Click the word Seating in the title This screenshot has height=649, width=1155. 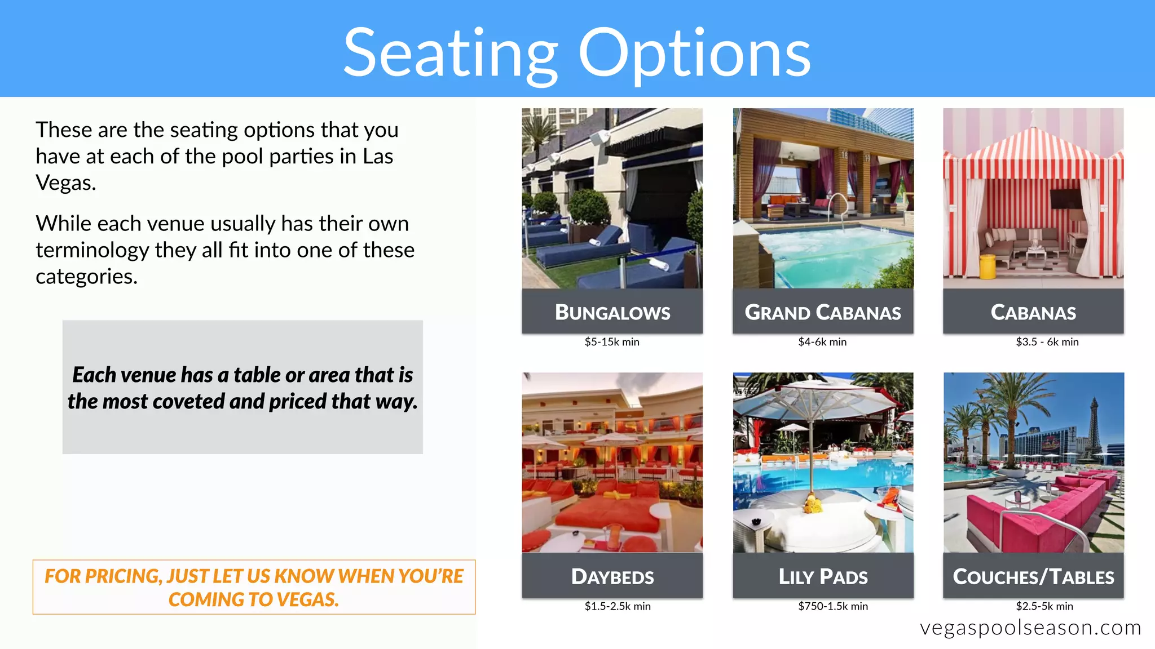click(x=450, y=54)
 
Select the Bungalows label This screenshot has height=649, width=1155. click(x=612, y=312)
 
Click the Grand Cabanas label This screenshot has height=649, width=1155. click(x=823, y=312)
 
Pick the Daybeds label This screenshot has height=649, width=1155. click(x=612, y=576)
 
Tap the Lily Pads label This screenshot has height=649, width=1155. click(x=823, y=576)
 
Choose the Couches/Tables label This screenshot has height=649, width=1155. click(x=1033, y=576)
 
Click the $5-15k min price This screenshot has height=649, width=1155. click(x=612, y=342)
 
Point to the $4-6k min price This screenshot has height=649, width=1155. click(x=822, y=342)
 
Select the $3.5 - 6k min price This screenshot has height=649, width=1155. click(x=1047, y=342)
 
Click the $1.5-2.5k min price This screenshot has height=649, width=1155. click(x=618, y=606)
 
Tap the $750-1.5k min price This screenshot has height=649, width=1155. click(x=833, y=606)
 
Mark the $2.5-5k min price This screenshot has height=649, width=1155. click(x=1044, y=606)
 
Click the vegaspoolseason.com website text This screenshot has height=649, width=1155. click(x=1030, y=628)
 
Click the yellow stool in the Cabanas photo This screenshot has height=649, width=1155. click(x=988, y=266)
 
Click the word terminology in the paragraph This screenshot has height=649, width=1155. click(x=92, y=250)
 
